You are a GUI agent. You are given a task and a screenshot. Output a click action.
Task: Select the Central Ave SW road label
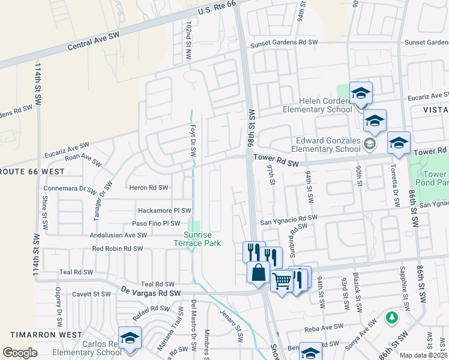[94, 40]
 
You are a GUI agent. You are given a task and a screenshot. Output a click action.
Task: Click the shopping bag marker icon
[258, 272]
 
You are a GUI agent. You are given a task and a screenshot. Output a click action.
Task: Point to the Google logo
[20, 353]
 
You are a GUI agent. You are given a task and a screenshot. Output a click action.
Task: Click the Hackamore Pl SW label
[164, 211]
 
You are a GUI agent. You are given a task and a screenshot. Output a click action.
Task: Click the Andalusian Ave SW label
[118, 235]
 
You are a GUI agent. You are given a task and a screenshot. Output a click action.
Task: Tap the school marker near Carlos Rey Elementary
[129, 338]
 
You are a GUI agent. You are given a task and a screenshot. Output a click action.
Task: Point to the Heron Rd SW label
[148, 188]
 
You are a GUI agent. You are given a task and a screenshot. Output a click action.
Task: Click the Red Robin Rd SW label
[117, 248]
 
